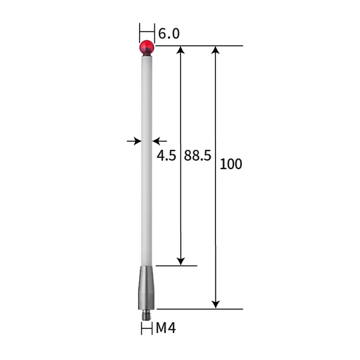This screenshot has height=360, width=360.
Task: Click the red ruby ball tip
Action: pos(147,47)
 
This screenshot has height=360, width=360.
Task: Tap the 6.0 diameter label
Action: pos(169,33)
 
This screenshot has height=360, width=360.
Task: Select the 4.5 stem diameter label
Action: pos(166,156)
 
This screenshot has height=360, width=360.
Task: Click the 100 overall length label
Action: pos(231,163)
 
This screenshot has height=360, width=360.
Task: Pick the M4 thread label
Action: pos(166,328)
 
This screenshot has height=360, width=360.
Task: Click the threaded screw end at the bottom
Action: pos(147,314)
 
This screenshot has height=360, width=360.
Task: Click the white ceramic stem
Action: pos(147,180)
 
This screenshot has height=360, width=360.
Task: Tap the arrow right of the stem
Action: pos(158,141)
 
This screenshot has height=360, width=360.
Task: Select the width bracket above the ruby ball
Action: pos(147,30)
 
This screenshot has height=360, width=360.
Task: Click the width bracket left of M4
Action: pos(147,328)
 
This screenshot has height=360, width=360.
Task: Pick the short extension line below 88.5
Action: pos(177,265)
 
